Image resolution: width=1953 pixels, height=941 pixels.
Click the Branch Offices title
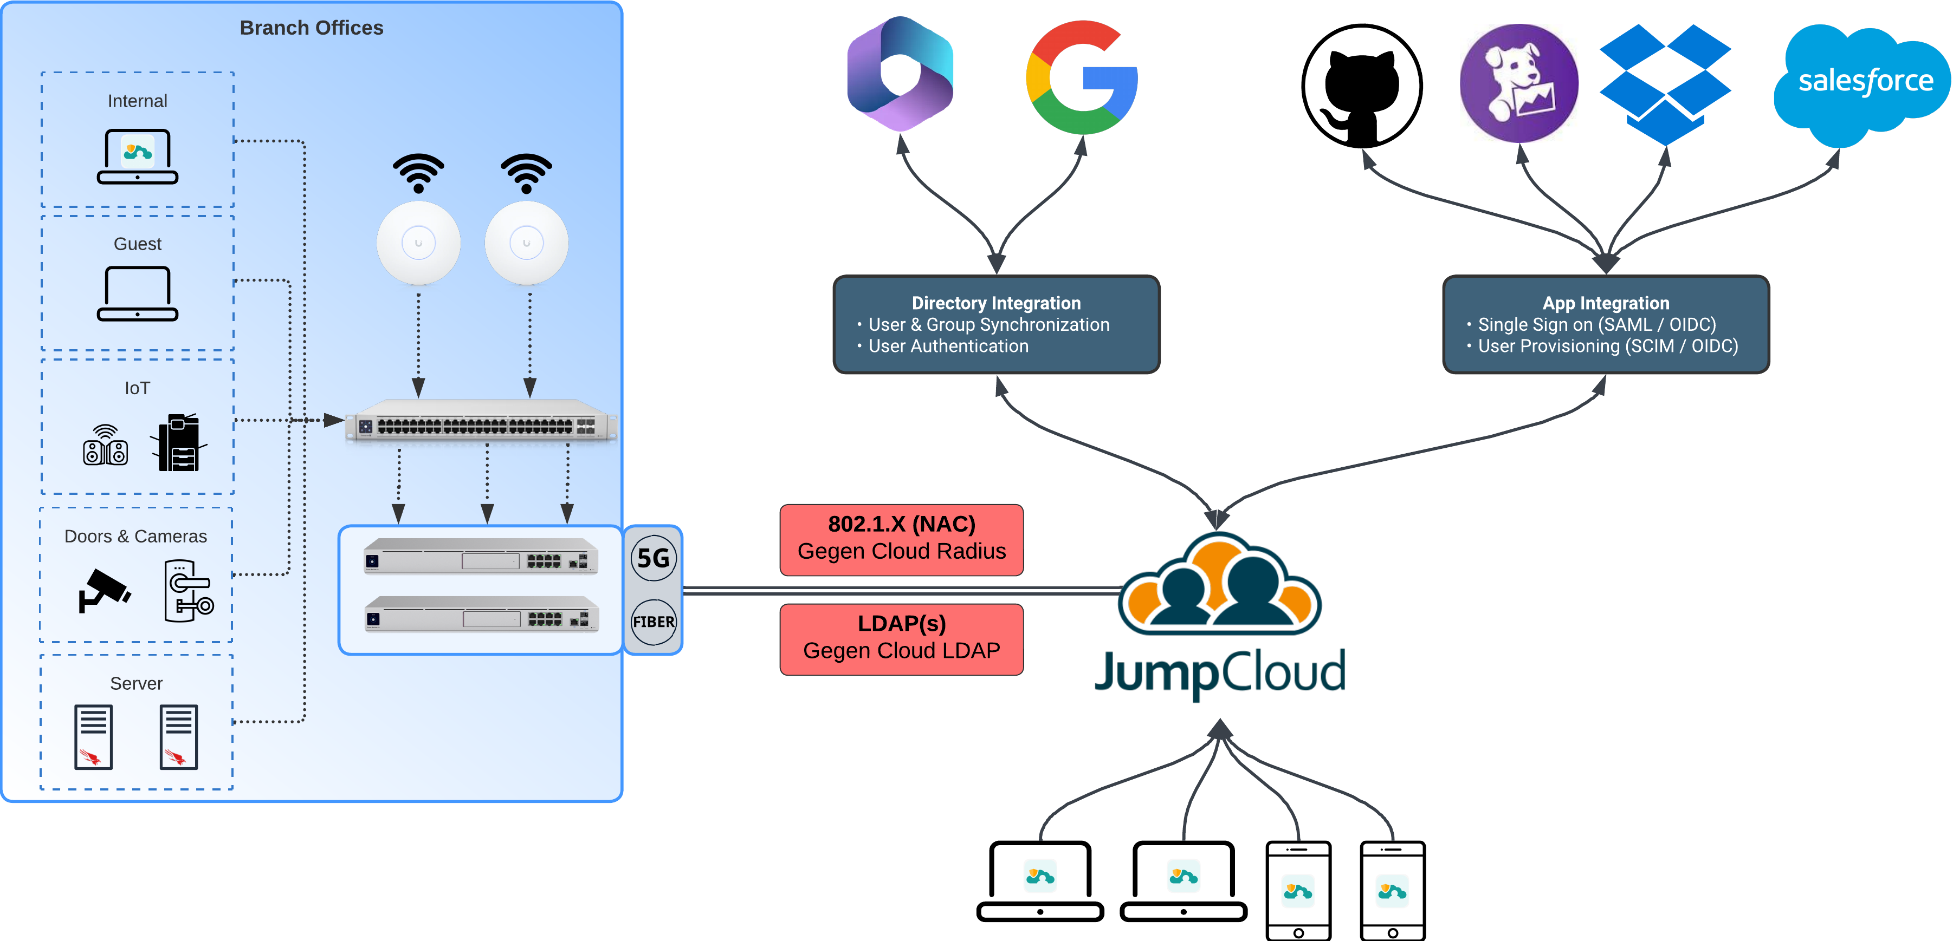pos(311,28)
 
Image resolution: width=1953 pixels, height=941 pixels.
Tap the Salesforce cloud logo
pos(1864,82)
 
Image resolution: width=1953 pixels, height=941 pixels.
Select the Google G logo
pos(1081,77)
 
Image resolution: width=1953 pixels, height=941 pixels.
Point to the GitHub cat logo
pos(1362,85)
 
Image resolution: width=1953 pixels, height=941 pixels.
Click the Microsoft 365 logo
pos(900,74)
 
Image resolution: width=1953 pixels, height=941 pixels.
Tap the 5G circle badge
pos(653,558)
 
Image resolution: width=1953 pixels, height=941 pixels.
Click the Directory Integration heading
pos(995,303)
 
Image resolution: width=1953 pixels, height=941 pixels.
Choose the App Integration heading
pos(1605,303)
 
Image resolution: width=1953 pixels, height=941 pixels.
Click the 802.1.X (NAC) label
pos(901,524)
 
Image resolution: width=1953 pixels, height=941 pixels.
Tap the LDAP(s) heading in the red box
pos(901,624)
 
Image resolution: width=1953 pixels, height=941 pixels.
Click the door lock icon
pos(188,591)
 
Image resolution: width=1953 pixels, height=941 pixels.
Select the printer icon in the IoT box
pos(179,443)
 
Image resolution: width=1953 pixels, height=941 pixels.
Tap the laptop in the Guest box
pos(137,294)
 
